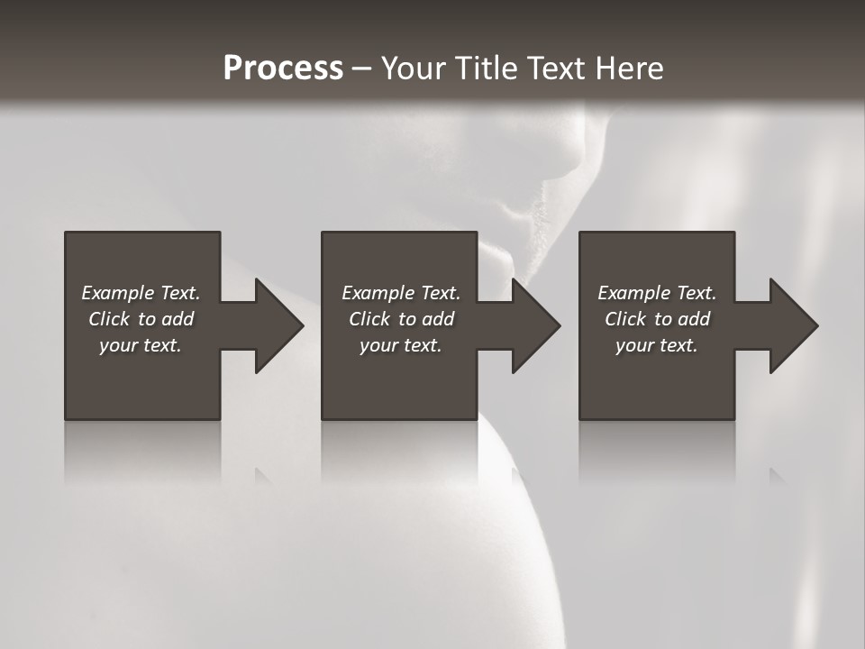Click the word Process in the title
tap(283, 68)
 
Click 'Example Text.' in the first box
tap(141, 293)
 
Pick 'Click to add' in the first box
tap(141, 319)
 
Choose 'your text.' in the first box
tap(141, 345)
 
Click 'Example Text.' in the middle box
tap(401, 293)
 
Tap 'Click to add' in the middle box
tap(401, 319)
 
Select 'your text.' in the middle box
tap(401, 345)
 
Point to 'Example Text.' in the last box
tap(657, 293)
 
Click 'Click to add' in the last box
tap(657, 319)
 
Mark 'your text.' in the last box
tap(657, 345)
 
